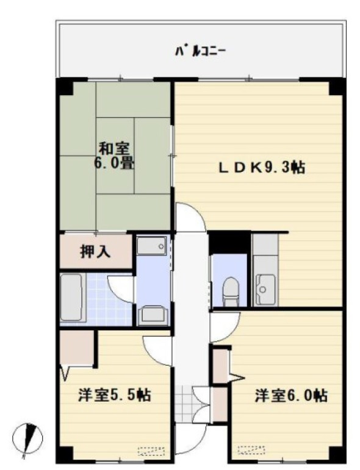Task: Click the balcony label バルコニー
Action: click(x=200, y=52)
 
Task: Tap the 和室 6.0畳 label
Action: click(x=114, y=156)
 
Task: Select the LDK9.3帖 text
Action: click(x=262, y=168)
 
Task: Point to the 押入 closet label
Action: click(x=95, y=252)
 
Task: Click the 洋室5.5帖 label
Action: click(x=115, y=395)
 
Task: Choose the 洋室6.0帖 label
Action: click(x=291, y=395)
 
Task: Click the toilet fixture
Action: click(x=231, y=291)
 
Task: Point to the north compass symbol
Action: click(x=27, y=438)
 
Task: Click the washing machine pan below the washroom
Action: click(x=153, y=315)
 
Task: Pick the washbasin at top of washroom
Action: click(x=152, y=246)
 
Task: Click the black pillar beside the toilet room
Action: click(x=230, y=242)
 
